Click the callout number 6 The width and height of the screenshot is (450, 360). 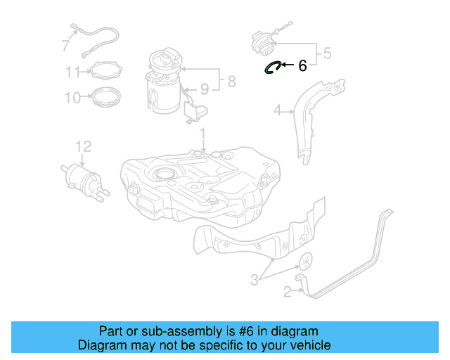302,65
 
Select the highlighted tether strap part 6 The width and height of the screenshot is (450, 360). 272,67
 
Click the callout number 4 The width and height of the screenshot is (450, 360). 278,110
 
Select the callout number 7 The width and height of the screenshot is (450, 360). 65,46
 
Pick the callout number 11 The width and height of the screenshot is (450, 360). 74,72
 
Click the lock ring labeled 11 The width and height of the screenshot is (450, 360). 104,70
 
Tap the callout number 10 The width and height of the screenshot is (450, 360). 74,98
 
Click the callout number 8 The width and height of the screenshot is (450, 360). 231,83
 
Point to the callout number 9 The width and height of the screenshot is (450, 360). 205,89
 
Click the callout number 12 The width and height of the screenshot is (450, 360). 83,146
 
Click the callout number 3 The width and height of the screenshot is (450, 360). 255,281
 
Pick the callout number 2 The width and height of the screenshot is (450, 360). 287,291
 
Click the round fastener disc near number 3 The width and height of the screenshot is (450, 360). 306,262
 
